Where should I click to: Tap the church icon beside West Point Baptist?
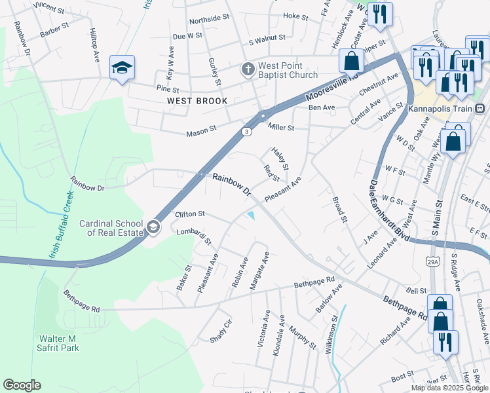point(248,68)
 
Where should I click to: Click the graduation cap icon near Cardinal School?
point(153,227)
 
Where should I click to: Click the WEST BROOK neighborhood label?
point(197,101)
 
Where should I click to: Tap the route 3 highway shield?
point(246,131)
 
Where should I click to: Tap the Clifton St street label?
point(190,214)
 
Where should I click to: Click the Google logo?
point(22,385)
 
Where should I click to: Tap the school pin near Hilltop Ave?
point(122,68)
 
